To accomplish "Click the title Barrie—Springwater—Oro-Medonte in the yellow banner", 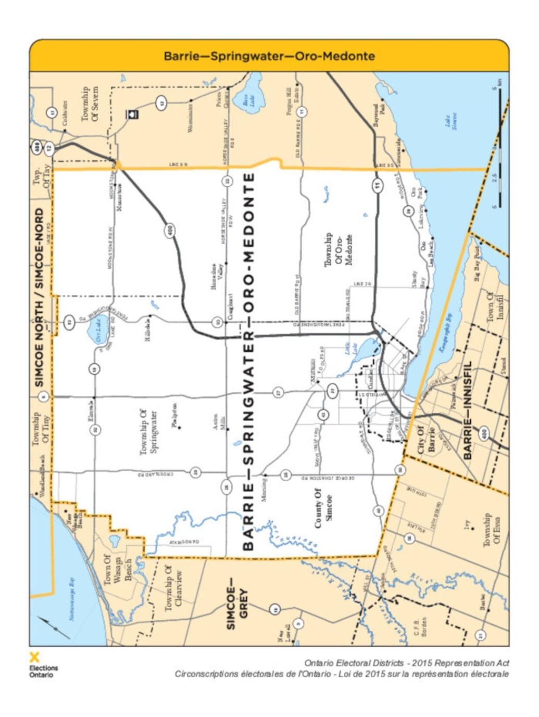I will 269,56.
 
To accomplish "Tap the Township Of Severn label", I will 90,104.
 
